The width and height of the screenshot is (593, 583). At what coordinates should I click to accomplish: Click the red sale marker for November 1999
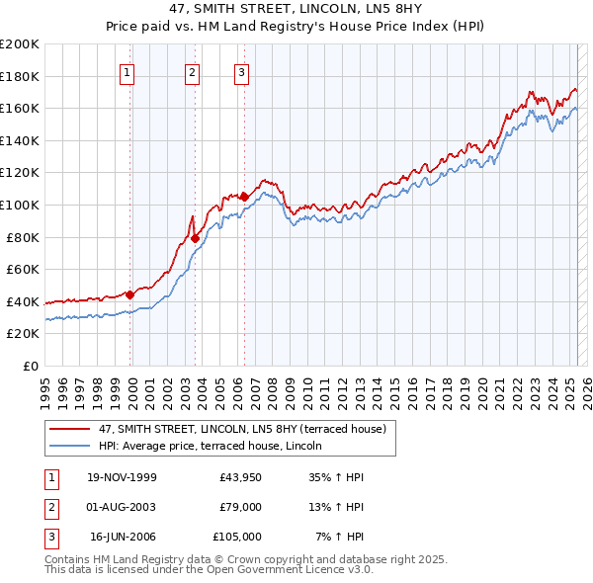(x=130, y=294)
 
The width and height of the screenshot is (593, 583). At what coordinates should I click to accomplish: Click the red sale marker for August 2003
(x=196, y=238)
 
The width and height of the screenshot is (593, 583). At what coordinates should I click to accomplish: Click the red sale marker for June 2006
(x=244, y=196)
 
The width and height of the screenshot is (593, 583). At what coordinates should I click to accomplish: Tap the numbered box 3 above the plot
(x=242, y=72)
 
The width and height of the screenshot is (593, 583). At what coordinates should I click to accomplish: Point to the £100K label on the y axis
(x=20, y=205)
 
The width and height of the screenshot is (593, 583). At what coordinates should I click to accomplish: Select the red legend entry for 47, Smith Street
(x=247, y=428)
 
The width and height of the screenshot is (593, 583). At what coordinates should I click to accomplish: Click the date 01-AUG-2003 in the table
(x=122, y=507)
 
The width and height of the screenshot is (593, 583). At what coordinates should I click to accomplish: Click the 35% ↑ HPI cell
(x=338, y=477)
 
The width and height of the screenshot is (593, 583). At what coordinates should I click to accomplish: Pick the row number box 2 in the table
(x=50, y=507)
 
